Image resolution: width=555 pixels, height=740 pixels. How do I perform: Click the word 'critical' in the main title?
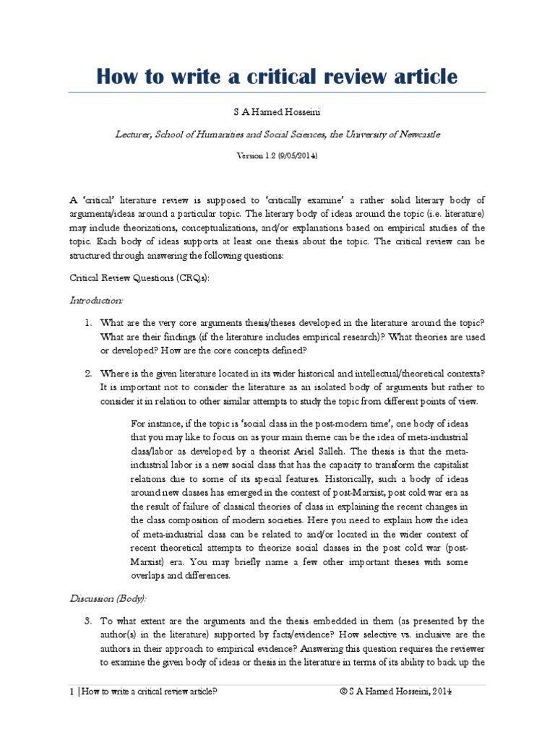[x=276, y=76]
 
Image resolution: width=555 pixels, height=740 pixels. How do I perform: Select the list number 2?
[x=87, y=373]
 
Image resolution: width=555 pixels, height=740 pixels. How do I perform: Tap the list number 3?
[x=87, y=620]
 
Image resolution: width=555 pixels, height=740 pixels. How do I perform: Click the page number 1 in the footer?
[x=64, y=690]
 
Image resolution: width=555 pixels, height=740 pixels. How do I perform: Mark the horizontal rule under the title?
[x=277, y=92]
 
